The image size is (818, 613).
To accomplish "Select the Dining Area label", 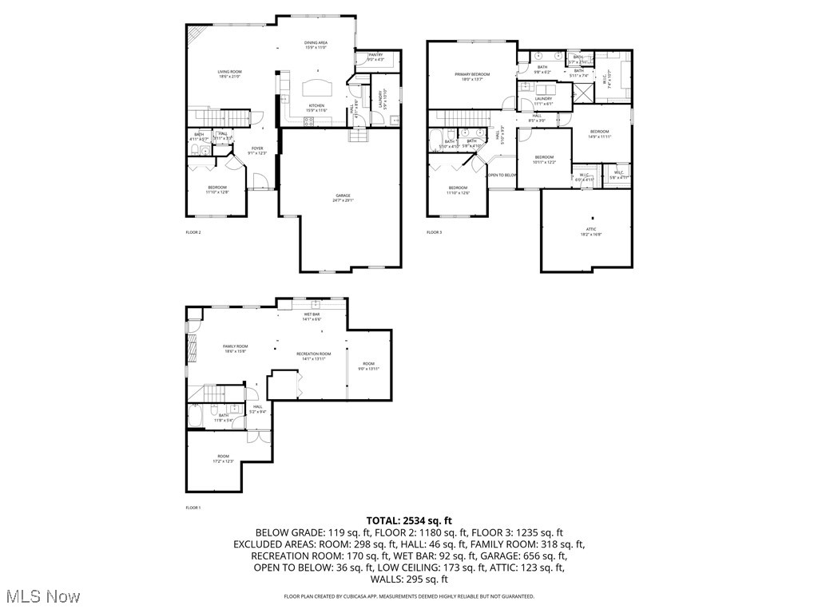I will [316, 44].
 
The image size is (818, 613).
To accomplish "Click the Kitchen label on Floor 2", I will [316, 106].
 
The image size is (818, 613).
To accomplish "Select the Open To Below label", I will [502, 175].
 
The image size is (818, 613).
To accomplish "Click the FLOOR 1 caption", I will [193, 508].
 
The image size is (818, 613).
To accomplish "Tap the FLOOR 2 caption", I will [193, 232].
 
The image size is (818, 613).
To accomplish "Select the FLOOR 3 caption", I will [434, 232].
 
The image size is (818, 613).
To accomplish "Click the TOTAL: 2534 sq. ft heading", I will [409, 520].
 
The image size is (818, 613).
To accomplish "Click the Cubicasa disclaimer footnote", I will [409, 596].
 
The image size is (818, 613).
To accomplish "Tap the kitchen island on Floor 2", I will [317, 86].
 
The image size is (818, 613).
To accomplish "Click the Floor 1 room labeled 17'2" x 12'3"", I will [223, 458].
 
